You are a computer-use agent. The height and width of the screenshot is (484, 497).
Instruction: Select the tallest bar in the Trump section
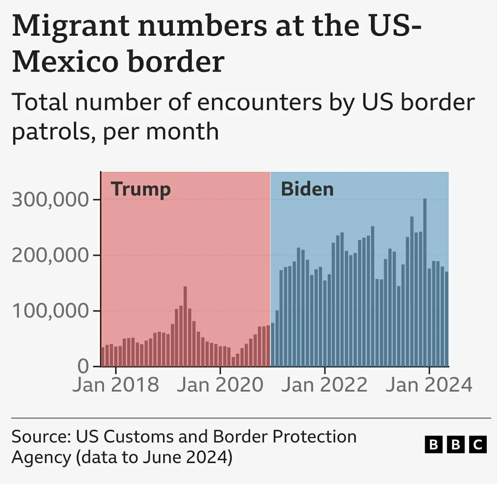tap(185, 325)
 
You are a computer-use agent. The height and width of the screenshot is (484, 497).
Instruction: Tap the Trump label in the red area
tap(141, 189)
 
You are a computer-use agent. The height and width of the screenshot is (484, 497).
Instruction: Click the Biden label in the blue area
tap(307, 189)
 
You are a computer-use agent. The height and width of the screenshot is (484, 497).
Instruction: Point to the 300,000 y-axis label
tap(50, 200)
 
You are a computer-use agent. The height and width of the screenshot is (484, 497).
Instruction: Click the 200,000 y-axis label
tap(50, 255)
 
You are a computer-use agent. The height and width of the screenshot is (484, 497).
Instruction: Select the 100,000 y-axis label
tap(50, 311)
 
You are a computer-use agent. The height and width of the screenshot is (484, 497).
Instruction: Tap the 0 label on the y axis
tap(83, 366)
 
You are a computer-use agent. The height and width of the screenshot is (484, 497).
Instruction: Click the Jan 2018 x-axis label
tap(116, 385)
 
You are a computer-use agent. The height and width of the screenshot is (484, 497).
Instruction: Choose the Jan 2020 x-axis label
tap(220, 385)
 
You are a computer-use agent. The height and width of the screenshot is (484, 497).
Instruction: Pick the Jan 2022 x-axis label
tap(324, 385)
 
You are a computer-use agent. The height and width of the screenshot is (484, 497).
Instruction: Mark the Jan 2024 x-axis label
tap(429, 385)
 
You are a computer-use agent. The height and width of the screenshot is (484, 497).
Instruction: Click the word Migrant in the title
tap(71, 26)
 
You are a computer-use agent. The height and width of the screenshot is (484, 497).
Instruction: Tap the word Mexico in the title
tap(65, 61)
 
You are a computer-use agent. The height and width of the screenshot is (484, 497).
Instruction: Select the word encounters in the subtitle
tap(260, 102)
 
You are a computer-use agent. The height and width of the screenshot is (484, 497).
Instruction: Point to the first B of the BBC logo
tap(433, 444)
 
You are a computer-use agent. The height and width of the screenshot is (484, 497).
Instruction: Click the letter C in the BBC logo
tap(478, 444)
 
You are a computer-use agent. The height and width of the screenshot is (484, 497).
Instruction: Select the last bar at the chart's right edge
tap(446, 319)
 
